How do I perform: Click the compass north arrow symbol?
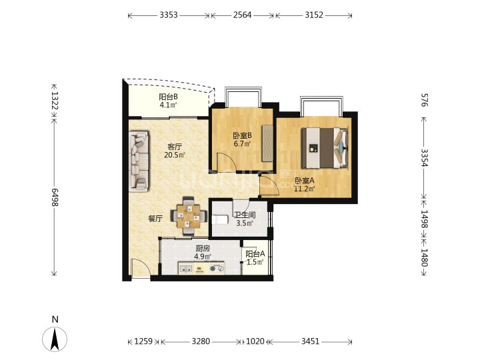click(55, 339)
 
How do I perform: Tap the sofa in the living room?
click(139, 161)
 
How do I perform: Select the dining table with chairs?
click(188, 216)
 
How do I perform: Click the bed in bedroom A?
click(325, 148)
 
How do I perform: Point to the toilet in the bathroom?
click(220, 219)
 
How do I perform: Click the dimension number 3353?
click(169, 15)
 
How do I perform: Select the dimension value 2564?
click(242, 15)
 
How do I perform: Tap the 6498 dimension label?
click(55, 197)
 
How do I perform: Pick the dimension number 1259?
click(143, 341)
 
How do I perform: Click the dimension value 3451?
click(310, 341)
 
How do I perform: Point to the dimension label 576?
click(424, 100)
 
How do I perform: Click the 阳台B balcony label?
click(168, 97)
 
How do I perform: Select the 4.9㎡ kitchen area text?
click(203, 257)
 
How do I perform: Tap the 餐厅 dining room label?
click(155, 219)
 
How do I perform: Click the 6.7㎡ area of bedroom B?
click(242, 143)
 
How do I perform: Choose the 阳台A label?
click(255, 254)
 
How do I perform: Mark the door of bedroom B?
click(226, 162)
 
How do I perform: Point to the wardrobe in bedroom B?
click(267, 143)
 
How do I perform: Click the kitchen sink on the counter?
click(186, 269)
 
